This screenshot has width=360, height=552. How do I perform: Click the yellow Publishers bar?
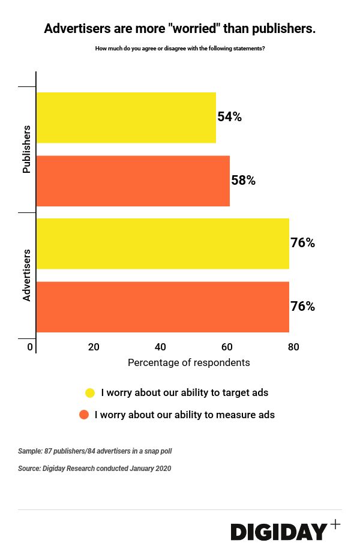click(126, 118)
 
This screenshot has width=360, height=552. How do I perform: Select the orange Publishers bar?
click(133, 181)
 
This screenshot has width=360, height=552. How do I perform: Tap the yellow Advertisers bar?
click(163, 244)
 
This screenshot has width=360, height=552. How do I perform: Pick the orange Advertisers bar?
click(163, 307)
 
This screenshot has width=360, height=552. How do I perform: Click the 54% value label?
click(230, 117)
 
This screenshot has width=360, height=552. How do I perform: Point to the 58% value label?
click(244, 180)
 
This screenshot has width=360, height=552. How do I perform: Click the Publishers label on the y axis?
click(26, 149)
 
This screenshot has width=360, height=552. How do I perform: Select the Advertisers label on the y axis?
click(26, 275)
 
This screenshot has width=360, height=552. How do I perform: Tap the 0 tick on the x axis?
click(30, 347)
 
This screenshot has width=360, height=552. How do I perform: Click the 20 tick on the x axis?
click(94, 347)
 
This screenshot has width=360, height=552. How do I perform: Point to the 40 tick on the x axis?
click(160, 347)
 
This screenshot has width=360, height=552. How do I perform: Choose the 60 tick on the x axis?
click(227, 347)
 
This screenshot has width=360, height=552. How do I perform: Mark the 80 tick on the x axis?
click(293, 347)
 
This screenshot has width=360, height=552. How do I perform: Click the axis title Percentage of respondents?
click(189, 363)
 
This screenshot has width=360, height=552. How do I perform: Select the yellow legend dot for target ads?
click(90, 393)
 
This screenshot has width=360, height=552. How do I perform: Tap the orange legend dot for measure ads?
click(84, 415)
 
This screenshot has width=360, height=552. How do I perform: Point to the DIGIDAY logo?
click(279, 532)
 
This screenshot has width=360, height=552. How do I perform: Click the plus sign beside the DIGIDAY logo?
click(335, 524)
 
